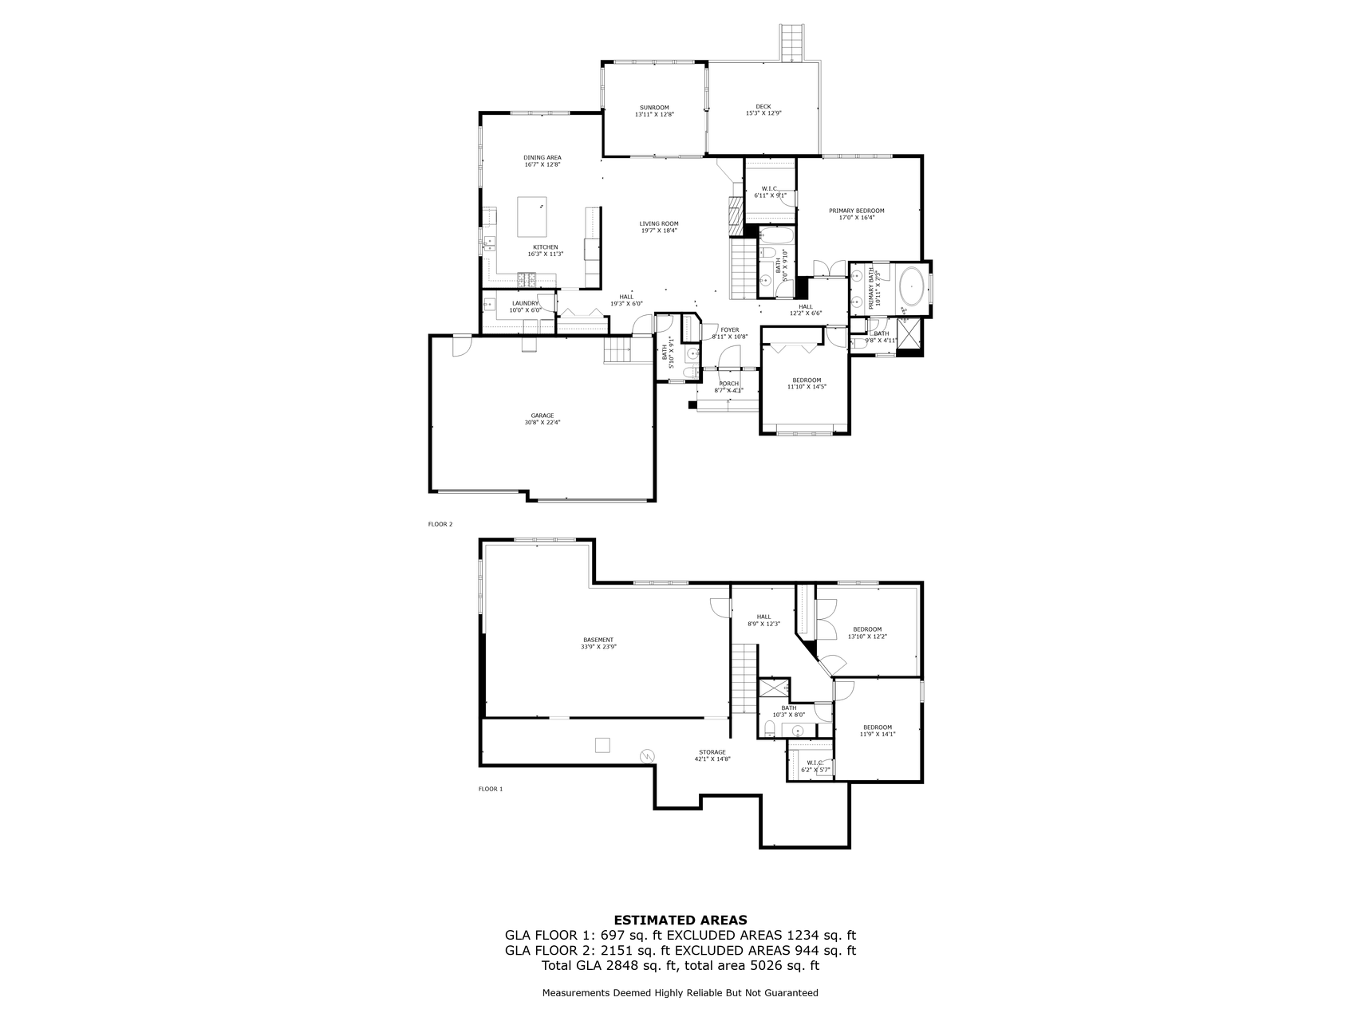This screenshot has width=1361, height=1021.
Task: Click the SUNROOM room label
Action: pos(654,108)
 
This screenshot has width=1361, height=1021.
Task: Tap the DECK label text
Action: pos(763,107)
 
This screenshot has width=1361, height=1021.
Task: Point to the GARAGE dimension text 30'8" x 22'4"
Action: pos(542,423)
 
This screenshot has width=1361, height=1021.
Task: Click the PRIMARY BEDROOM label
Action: pos(856,211)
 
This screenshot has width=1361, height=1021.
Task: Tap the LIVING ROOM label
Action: pos(659,223)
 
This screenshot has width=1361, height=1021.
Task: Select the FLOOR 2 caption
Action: pos(440,524)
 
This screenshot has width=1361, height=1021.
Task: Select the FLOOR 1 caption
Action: pos(491,789)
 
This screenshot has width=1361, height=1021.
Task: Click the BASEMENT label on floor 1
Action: pos(598,640)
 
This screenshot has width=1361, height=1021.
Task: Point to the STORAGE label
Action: pos(712,752)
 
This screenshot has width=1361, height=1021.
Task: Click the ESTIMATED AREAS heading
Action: pos(680,920)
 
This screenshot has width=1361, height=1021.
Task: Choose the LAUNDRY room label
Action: pos(525,303)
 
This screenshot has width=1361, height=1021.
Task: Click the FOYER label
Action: pos(729,329)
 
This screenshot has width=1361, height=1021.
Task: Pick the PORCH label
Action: pos(728,384)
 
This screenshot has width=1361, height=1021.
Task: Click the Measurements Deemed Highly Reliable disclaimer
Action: pos(680,993)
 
